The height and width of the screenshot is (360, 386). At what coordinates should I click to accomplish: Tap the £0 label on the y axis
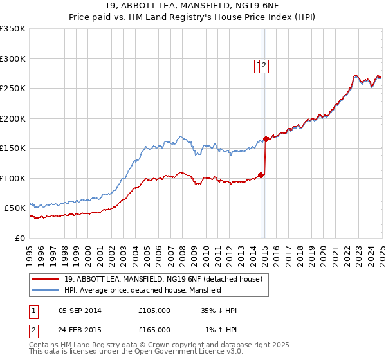tap(21, 238)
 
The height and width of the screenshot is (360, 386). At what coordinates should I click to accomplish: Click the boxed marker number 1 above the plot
tap(258, 64)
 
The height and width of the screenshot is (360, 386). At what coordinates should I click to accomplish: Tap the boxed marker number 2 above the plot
tap(264, 64)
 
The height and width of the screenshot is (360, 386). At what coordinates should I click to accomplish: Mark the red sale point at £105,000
tap(261, 175)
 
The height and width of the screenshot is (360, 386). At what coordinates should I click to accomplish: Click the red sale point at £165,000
tap(266, 139)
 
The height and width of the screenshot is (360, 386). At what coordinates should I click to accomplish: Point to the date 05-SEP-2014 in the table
tap(80, 310)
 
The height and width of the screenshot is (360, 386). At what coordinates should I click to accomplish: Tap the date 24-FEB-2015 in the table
tap(80, 329)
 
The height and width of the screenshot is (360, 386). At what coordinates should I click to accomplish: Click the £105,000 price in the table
tap(154, 310)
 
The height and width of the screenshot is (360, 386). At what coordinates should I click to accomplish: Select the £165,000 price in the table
tap(154, 329)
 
